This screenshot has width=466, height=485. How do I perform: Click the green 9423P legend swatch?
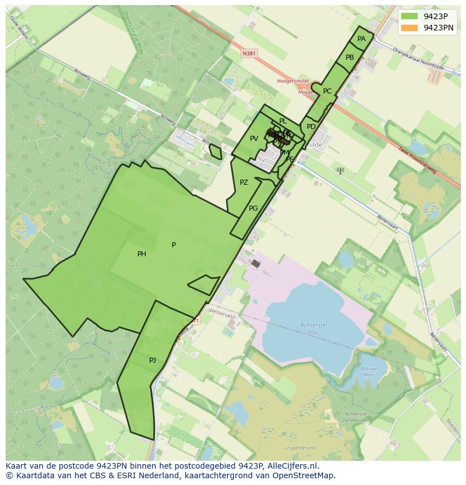(x=410, y=16)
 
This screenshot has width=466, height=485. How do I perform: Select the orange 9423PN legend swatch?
(x=410, y=28)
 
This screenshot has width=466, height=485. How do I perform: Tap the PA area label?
(x=361, y=39)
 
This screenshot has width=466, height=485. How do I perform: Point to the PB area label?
(x=350, y=57)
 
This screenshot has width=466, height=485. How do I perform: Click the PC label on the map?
(x=327, y=91)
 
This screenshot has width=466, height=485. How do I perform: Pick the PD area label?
(x=311, y=127)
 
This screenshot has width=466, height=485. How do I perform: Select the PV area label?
(x=254, y=139)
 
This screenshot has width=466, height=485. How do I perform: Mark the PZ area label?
(x=244, y=183)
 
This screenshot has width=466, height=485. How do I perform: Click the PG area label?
(x=253, y=208)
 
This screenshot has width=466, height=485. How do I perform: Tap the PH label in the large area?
(x=142, y=254)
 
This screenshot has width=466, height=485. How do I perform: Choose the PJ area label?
(x=153, y=361)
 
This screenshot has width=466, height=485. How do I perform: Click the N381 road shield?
(x=249, y=54)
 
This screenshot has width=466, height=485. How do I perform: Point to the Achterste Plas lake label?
(x=313, y=328)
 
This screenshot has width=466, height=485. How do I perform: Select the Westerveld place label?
(x=221, y=317)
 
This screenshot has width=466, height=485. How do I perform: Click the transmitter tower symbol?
(x=339, y=170)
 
